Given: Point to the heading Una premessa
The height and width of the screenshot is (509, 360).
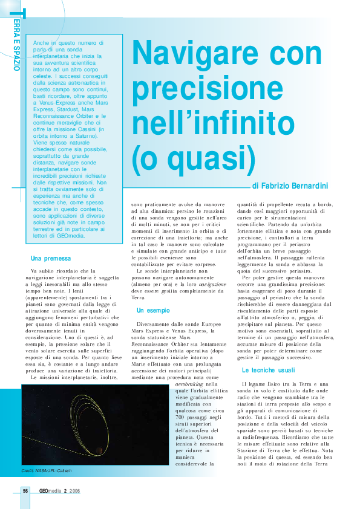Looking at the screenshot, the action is (x=51, y=258).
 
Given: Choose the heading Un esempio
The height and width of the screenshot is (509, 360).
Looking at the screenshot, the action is (x=153, y=310).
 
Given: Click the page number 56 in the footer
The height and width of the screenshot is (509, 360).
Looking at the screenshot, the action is (x=25, y=491).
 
